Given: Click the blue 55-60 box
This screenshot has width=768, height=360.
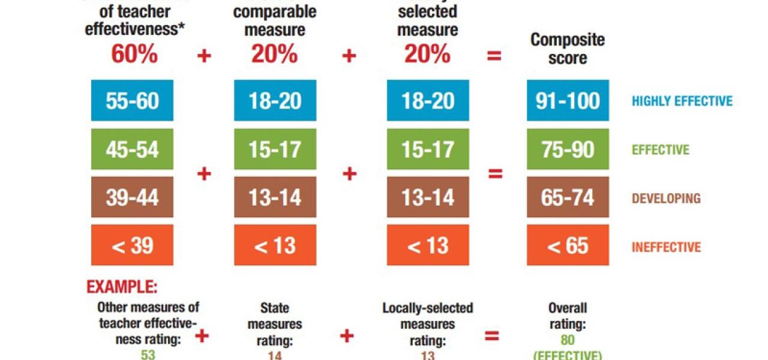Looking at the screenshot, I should coord(132,101).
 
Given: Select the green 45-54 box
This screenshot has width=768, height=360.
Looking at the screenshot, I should coord(132,149).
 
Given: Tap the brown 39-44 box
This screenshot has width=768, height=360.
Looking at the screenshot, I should coord(132,197).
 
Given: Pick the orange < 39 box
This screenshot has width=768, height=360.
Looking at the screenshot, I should coord(132,246).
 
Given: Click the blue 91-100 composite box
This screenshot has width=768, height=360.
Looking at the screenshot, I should coord(568,101).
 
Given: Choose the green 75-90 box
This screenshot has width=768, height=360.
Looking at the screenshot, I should coord(568,149).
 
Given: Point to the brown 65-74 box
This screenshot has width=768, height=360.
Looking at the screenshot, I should coord(568,197).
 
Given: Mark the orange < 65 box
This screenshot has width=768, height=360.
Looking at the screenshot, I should coord(568,246).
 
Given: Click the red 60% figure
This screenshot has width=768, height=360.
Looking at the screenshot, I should coord(134,55).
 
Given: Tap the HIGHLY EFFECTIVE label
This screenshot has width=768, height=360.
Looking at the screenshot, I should coord(682,101).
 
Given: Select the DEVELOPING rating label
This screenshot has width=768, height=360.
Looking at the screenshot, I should coord(666,198).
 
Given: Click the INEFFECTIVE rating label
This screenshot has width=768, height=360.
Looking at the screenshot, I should coord(666,247).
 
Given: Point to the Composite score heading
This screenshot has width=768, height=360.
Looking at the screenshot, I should coord(568,49).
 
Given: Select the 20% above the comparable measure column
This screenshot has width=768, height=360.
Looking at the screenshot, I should coord(274,55).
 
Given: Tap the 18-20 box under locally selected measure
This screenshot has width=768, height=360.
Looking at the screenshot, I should coord(428,101).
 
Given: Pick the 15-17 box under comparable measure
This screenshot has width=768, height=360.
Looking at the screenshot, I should coord(275,149).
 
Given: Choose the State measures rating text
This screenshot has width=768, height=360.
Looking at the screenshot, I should coord(275,325).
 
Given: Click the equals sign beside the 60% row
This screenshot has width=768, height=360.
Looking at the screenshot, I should coord(494,56).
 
